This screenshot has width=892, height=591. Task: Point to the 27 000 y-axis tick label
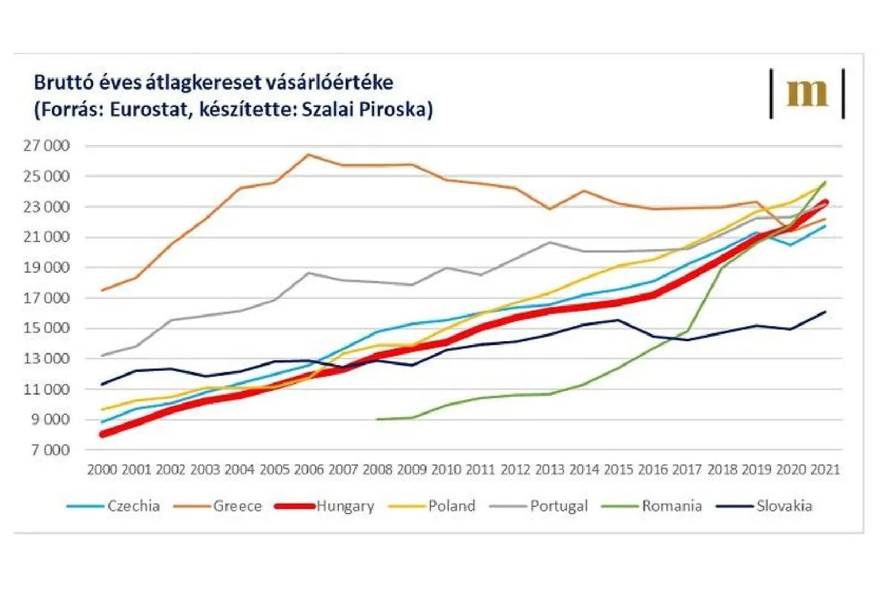coord(45,146)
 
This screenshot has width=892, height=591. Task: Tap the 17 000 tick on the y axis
coord(45,299)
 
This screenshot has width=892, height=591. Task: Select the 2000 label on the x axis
coord(102,471)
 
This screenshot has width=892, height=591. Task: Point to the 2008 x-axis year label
coord(378,471)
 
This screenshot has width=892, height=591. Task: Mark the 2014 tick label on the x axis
coord(584,471)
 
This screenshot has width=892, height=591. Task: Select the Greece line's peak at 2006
coord(309,155)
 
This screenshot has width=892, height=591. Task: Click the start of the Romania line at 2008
coord(378,419)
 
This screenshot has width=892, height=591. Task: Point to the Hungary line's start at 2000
coord(102,434)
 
